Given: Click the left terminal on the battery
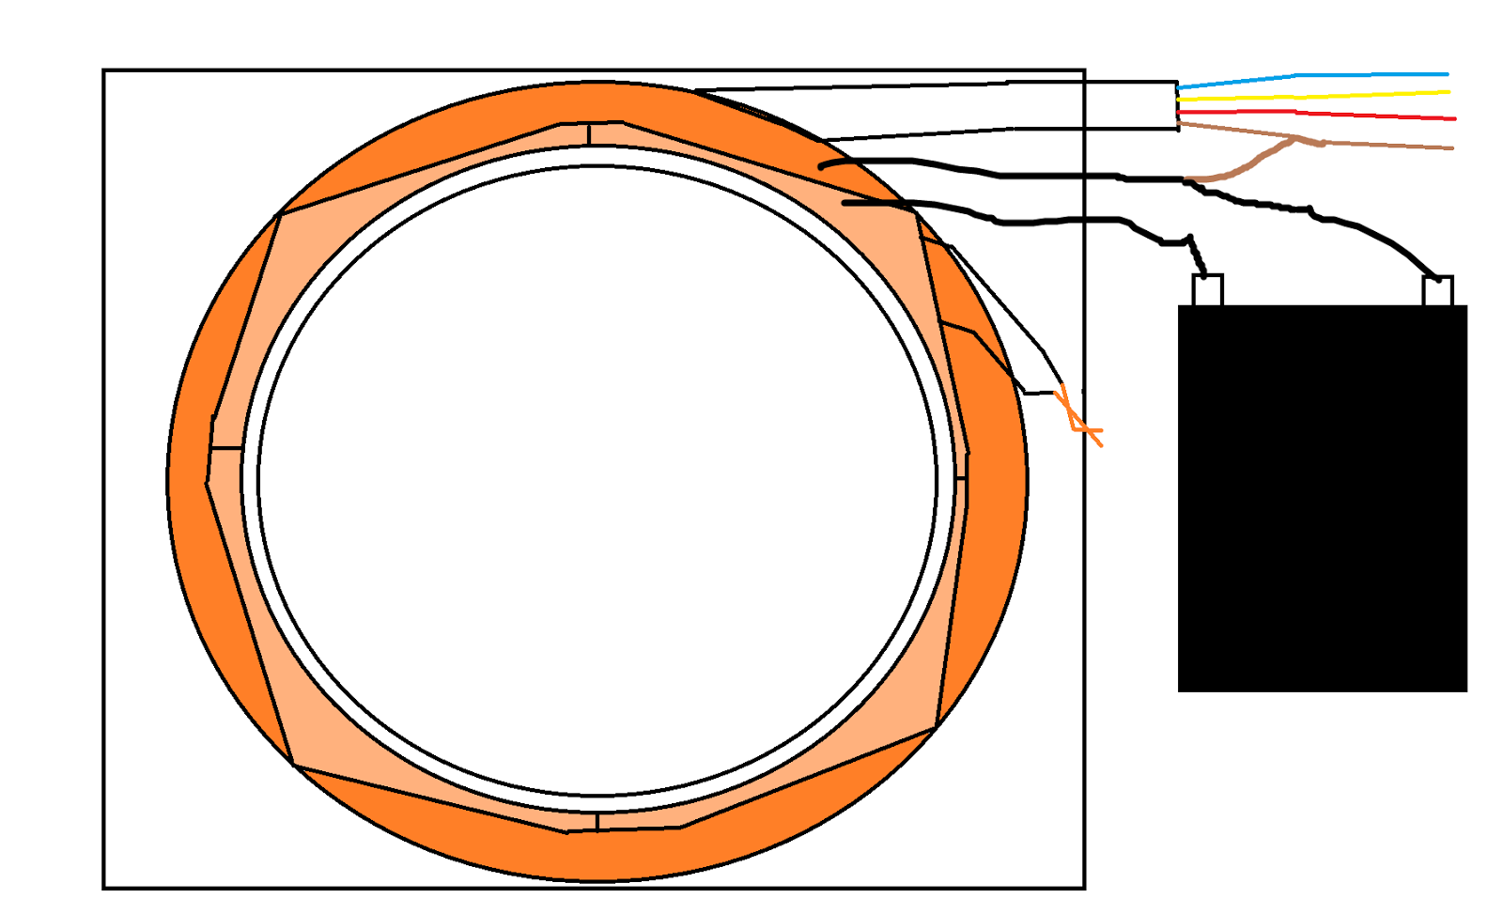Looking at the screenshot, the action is tap(1207, 290).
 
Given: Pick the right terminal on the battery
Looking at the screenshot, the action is tap(1437, 291).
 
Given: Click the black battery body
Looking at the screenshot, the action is tap(1322, 498).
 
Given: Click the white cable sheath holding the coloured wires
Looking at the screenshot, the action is tap(1033, 106).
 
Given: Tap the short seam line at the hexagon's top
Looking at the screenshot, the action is tap(589, 133).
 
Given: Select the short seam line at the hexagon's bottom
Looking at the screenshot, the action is tap(597, 822).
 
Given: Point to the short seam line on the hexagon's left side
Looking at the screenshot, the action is tap(226, 449).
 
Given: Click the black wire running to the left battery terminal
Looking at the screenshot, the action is tap(1061, 221).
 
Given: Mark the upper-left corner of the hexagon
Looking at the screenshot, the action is tap(279, 215).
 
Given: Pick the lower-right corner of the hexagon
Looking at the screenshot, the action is tap(936, 726).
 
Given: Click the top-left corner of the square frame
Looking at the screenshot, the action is tap(103, 70).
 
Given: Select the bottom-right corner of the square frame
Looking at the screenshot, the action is tap(1084, 887).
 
